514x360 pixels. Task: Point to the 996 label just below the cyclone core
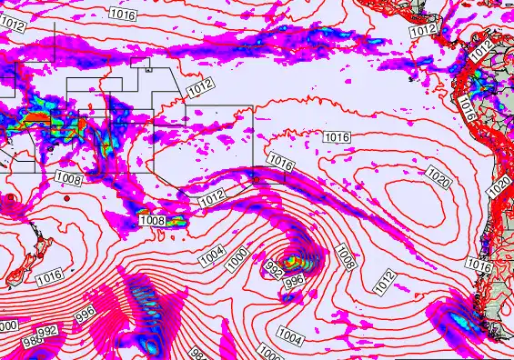295,283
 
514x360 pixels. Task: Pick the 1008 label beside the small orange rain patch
150,220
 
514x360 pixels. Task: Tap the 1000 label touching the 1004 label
237,259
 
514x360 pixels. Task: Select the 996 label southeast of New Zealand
86,315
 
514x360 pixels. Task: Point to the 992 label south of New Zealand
47,332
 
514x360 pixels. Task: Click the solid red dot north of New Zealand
10,197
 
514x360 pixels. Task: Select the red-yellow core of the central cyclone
292,264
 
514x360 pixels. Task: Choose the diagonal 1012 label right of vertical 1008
386,281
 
